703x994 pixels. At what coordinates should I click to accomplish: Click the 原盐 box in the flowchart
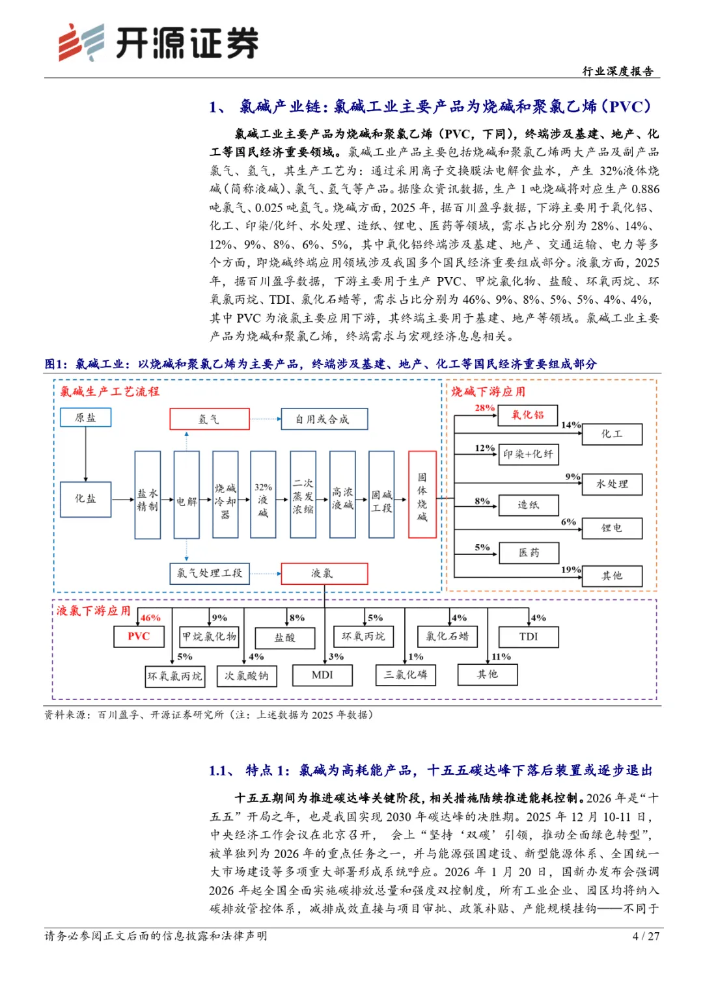pos(85,418)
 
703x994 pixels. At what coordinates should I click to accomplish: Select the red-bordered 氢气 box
pos(210,420)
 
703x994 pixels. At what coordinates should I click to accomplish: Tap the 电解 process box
pos(187,495)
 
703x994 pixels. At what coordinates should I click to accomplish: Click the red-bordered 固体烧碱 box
pos(422,495)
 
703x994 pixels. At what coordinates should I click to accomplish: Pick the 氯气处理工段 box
pos(210,573)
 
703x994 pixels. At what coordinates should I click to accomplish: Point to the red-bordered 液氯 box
pos(324,573)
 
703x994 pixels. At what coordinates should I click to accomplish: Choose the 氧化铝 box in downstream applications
pos(527,414)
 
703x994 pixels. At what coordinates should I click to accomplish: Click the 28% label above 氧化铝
pos(484,408)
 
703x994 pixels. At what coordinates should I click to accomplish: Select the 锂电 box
pos(612,528)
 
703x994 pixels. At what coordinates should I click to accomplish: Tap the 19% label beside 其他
pos(570,570)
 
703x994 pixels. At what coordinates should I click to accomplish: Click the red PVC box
pos(139,636)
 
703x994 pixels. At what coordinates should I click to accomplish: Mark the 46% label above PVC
pos(150,618)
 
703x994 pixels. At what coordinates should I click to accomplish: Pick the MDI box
pos(322,675)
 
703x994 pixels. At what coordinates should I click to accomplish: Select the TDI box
pos(529,637)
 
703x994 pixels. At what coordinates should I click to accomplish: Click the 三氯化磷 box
pos(406,675)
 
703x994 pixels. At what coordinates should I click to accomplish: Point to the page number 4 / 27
pos(646,936)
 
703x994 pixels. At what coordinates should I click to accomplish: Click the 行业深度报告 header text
pos(618,71)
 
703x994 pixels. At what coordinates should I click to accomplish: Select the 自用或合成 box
pos(324,420)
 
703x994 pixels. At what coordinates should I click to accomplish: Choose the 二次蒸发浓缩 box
pos(303,495)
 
